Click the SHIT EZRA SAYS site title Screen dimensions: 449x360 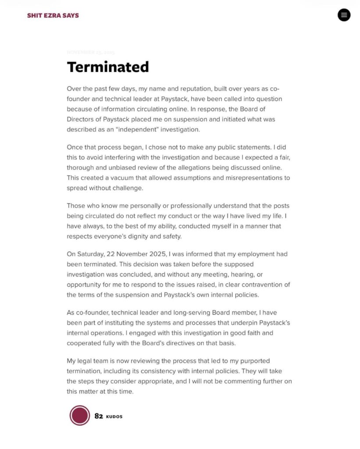coord(53,15)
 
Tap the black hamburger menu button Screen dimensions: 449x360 coord(344,15)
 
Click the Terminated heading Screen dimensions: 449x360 coord(108,67)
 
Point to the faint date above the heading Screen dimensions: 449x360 coord(91,52)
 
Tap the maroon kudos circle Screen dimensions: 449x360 coord(79,416)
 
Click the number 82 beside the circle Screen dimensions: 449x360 coord(99,416)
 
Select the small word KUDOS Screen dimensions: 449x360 coord(114,417)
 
